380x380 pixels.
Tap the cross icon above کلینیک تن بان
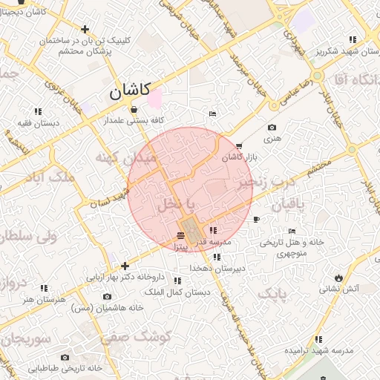tap(86, 30)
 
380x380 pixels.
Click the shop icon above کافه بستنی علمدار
tap(133, 108)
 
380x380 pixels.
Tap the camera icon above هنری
tap(272, 128)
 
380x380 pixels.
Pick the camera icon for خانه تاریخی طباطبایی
tap(65, 357)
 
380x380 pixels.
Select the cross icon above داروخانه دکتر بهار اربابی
tap(125, 266)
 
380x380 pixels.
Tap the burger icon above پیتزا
tap(182, 235)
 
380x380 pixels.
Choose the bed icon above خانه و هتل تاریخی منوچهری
tap(292, 231)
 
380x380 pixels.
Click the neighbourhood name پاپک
tap(271, 295)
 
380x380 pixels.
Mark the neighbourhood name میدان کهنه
tap(125, 158)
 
